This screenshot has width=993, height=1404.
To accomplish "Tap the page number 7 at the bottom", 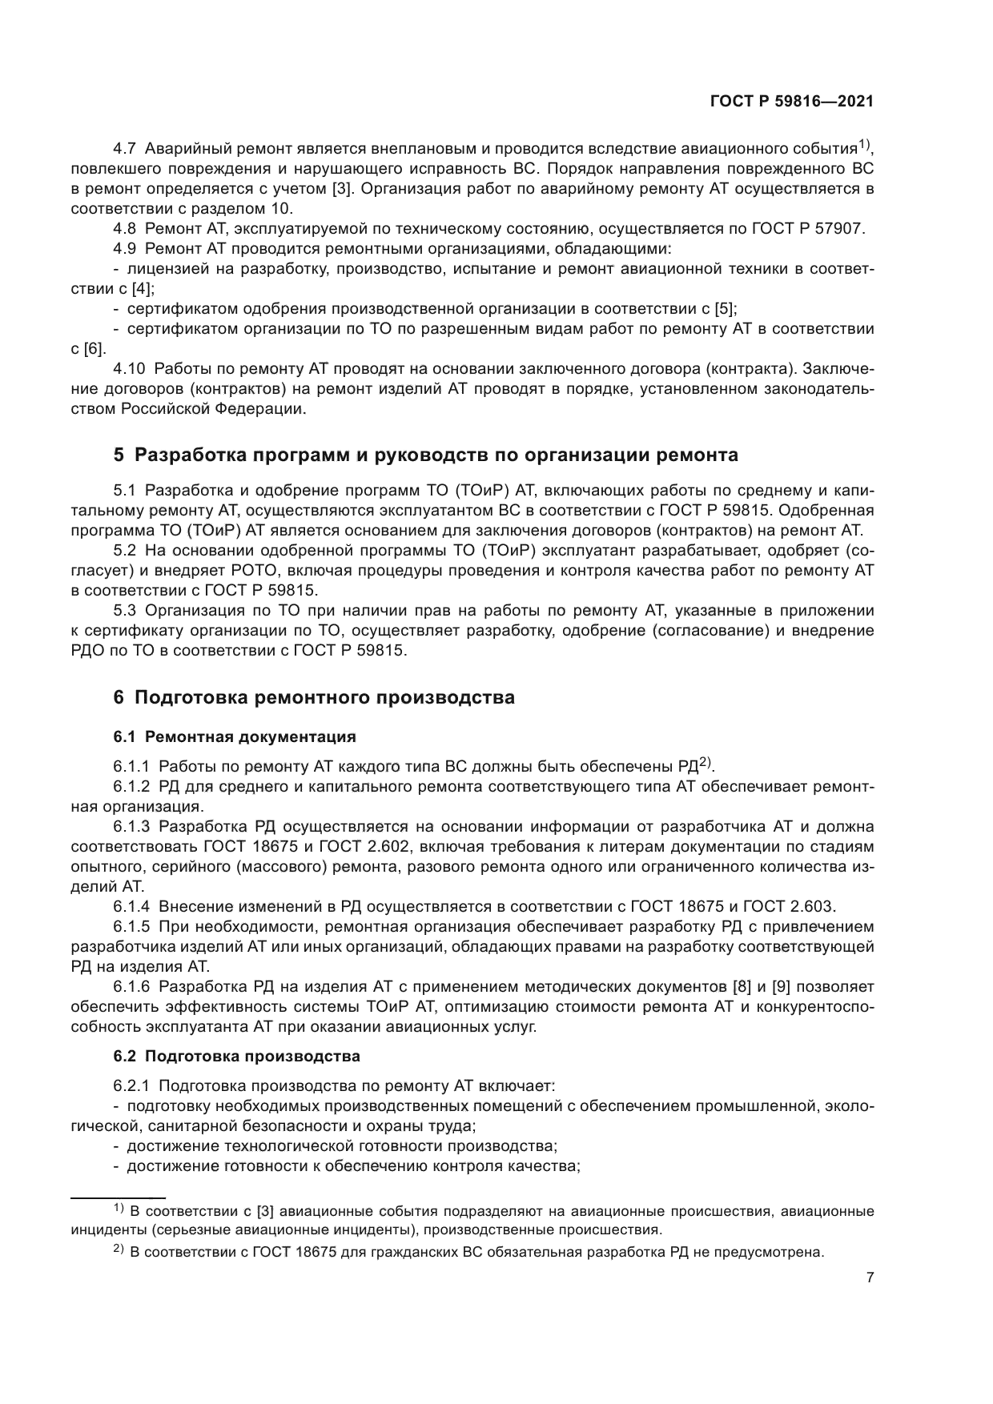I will click(x=870, y=1278).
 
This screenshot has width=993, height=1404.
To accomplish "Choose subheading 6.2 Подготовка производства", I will click(x=236, y=1056).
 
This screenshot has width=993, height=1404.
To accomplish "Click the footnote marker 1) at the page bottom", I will click(x=118, y=1207).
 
